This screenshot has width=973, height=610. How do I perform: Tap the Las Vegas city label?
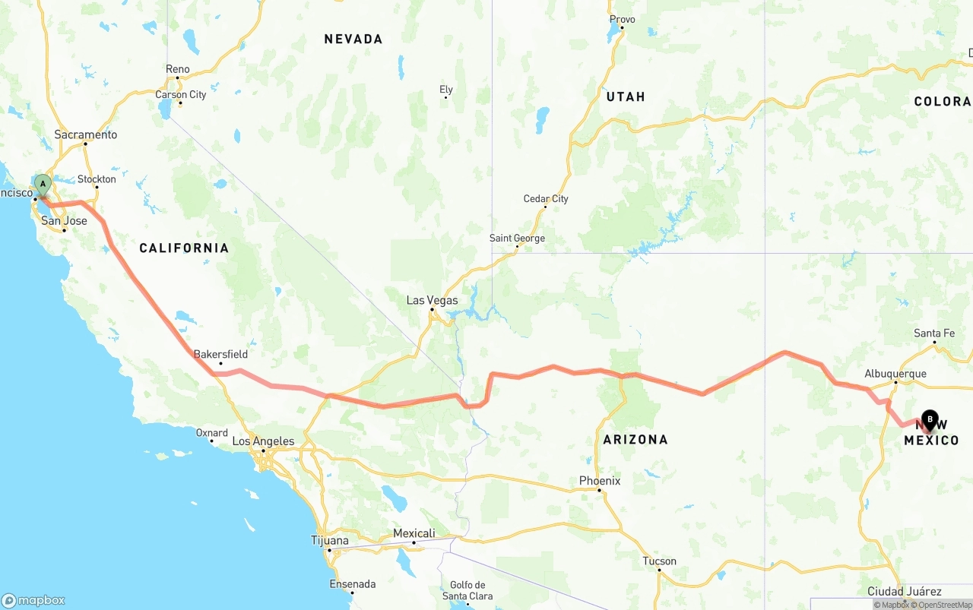pos(432,300)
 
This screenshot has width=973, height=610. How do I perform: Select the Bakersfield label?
pos(220,354)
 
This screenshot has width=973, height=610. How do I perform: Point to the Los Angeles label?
pos(263,441)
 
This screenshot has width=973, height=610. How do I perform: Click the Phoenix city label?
pos(600,481)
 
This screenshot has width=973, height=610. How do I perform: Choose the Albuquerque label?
pos(895,374)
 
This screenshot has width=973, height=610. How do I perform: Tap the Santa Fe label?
pos(934,333)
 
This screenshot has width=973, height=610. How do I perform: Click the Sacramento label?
pos(86,134)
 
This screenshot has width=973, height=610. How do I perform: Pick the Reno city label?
pos(178,69)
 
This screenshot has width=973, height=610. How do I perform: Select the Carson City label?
pos(181,94)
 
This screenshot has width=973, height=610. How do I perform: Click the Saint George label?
pos(517,238)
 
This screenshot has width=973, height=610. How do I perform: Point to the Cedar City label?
pos(546,199)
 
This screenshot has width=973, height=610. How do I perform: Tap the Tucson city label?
pos(659,561)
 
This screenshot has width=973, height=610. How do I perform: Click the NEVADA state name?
pos(353,39)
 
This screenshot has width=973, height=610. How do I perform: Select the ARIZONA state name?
pos(635,439)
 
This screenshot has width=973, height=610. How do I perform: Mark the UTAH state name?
pos(626,96)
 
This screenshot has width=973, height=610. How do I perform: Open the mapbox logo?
pos(33,600)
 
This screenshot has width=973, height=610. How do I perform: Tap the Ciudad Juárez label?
pos(905,591)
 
